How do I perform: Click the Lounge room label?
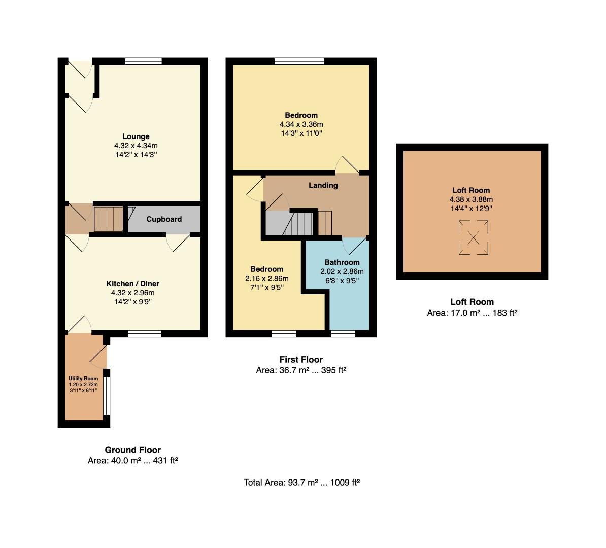pyautogui.click(x=136, y=136)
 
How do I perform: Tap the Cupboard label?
pyautogui.click(x=164, y=219)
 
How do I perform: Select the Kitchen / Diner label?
pyautogui.click(x=132, y=284)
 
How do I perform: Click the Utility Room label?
pyautogui.click(x=83, y=379)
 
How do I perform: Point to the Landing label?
pyautogui.click(x=323, y=186)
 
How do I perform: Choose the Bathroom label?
pyautogui.click(x=342, y=262)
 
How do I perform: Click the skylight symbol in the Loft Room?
pyautogui.click(x=474, y=237)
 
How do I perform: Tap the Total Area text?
pyautogui.click(x=301, y=483)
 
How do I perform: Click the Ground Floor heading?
pyautogui.click(x=132, y=450)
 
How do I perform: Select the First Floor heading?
pyautogui.click(x=301, y=360)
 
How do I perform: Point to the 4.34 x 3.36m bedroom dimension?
pyautogui.click(x=301, y=124)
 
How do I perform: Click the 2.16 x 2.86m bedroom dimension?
pyautogui.click(x=266, y=278)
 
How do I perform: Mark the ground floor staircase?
pyautogui.click(x=109, y=219)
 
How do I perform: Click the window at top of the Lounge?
pyautogui.click(x=144, y=61)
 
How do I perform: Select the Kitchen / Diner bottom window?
pyautogui.click(x=144, y=333)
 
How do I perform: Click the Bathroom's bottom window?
pyautogui.click(x=343, y=333)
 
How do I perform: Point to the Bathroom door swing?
pyautogui.click(x=354, y=247)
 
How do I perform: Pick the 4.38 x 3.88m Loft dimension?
pyautogui.click(x=471, y=199)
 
